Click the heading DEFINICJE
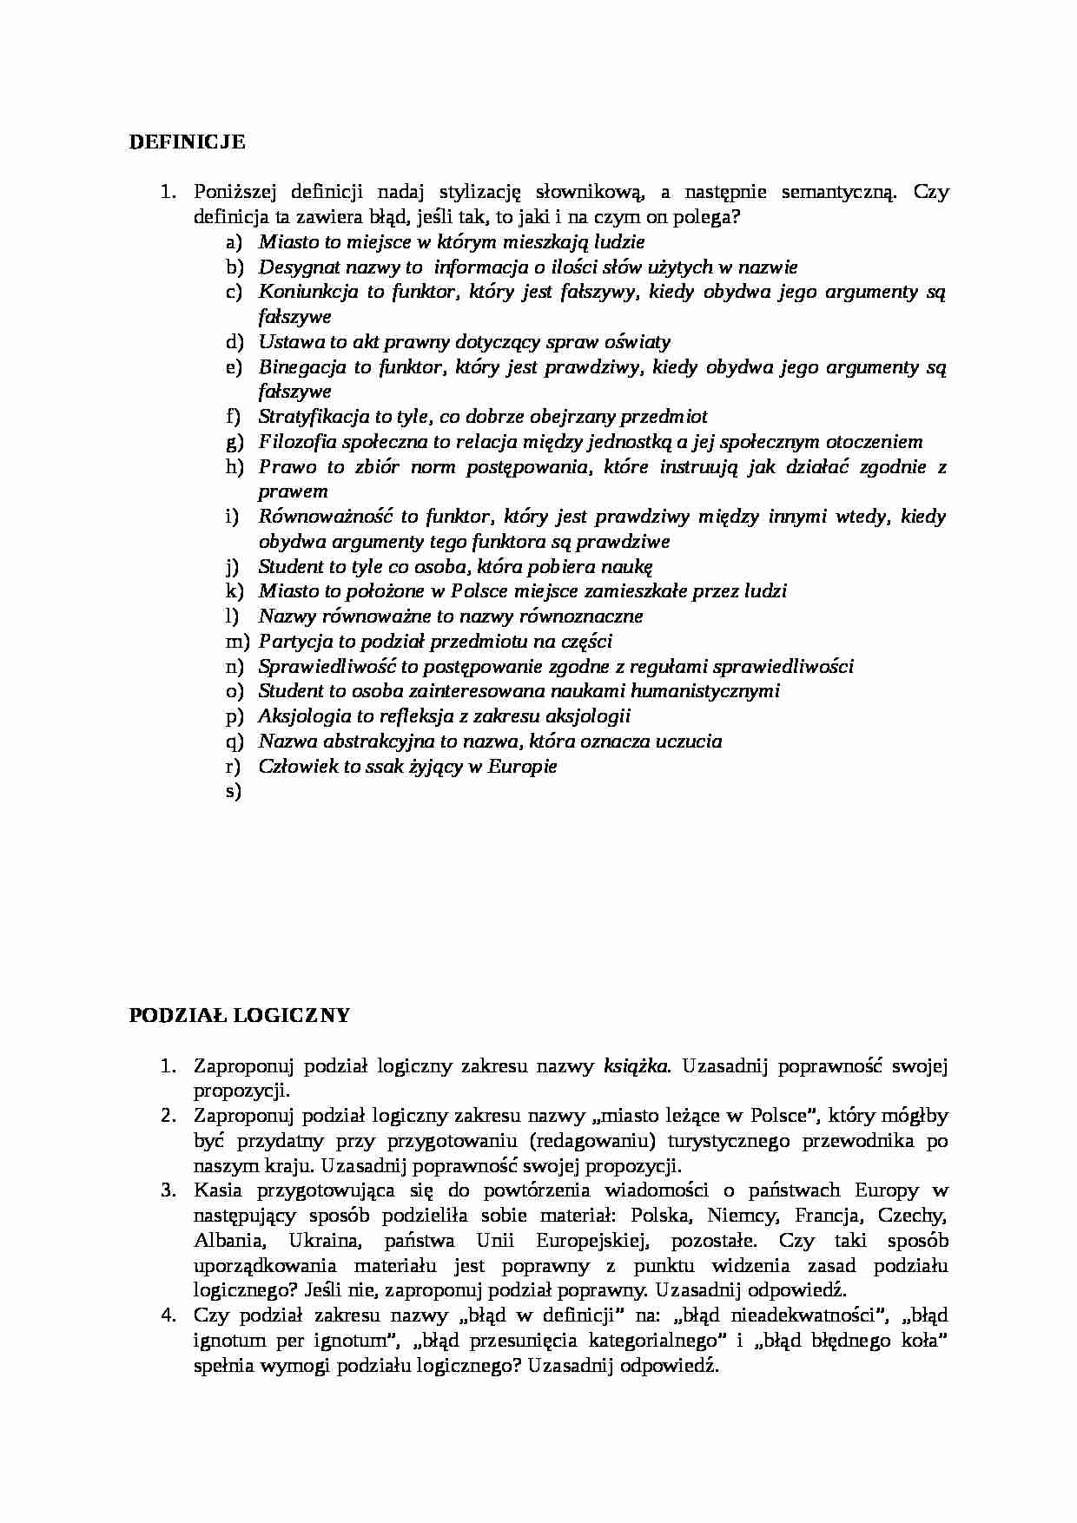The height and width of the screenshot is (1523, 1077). coord(187,142)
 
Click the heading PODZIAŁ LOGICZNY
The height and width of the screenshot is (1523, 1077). coord(240,1015)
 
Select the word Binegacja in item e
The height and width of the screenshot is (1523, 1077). coord(300,367)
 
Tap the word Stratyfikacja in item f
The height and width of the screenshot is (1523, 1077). coord(313,417)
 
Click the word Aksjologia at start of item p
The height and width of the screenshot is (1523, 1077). coord(301,716)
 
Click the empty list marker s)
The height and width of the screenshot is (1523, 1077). coord(232,792)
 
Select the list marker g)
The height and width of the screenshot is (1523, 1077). coord(233,443)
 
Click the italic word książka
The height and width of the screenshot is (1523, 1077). coord(637,1065)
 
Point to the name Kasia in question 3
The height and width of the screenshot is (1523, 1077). coord(218,1190)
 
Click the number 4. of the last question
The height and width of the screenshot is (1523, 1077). coord(168,1315)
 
